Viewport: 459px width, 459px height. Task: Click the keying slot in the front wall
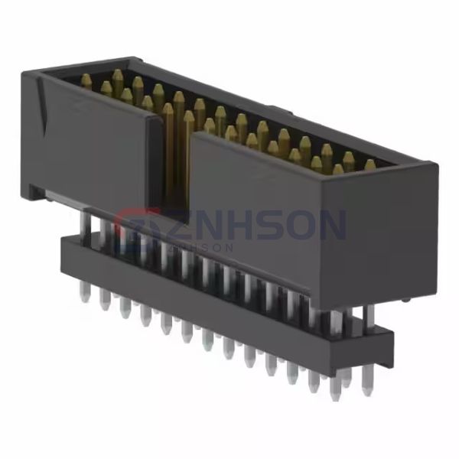click(175, 164)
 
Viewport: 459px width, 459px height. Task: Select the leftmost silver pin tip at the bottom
click(83, 295)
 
